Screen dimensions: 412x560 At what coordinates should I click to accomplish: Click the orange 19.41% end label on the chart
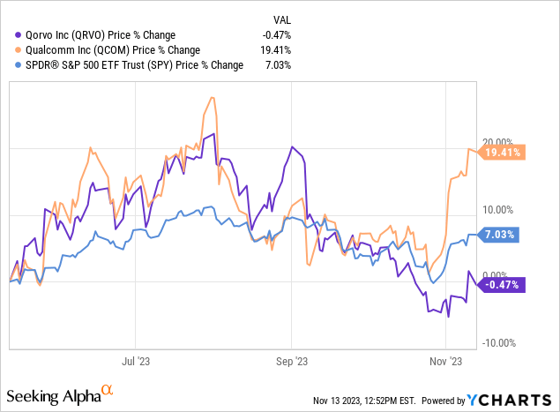point(504,153)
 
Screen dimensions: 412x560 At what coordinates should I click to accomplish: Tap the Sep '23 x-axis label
point(291,361)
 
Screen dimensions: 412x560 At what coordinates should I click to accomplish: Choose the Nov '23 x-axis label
point(446,361)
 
